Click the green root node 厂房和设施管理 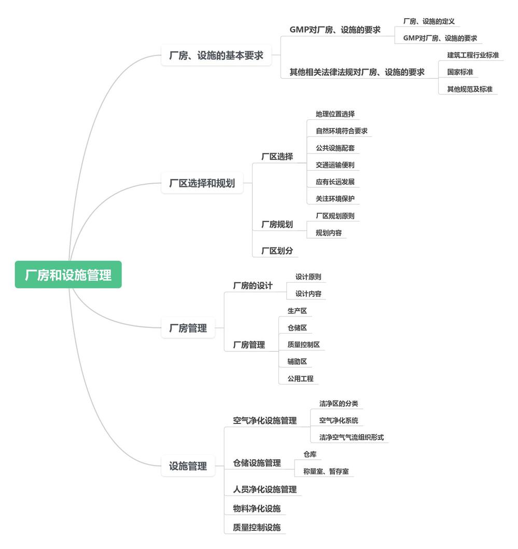(x=68, y=274)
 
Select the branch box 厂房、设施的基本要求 (x=216, y=56)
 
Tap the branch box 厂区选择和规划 (x=202, y=183)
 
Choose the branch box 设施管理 (x=188, y=466)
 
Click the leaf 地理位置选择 (x=335, y=114)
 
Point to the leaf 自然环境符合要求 (x=341, y=131)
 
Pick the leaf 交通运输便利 (x=335, y=165)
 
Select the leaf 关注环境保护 (x=335, y=199)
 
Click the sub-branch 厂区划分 (x=277, y=251)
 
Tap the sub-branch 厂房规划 (x=277, y=224)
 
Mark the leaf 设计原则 (x=308, y=277)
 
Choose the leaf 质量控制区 (x=306, y=345)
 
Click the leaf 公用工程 (x=300, y=379)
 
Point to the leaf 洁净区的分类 (x=339, y=404)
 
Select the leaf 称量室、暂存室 (x=326, y=472)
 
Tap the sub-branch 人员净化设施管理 (x=264, y=489)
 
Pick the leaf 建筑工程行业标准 (x=473, y=55)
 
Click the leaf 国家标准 (x=460, y=72)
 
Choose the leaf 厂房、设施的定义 (x=429, y=22)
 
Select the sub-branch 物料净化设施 (x=257, y=509)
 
